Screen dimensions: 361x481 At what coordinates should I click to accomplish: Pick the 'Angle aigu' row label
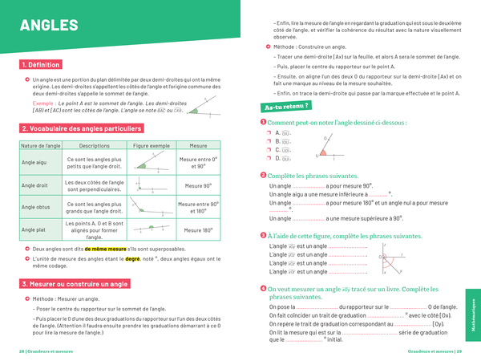pos(33,163)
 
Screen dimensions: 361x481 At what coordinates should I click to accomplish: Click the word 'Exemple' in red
pos(45,103)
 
